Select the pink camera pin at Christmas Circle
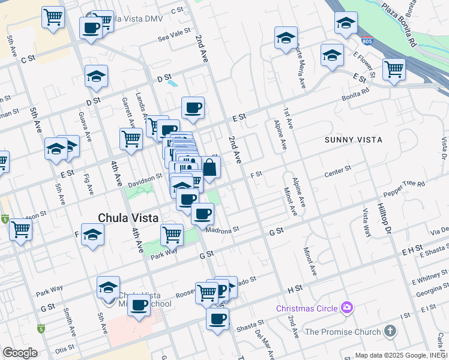pos(346,308)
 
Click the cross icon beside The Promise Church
pos(390,331)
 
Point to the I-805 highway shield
pos(367,41)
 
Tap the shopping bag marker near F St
pos(209,168)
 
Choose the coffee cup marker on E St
pos(193,109)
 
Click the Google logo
pos(20,353)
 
